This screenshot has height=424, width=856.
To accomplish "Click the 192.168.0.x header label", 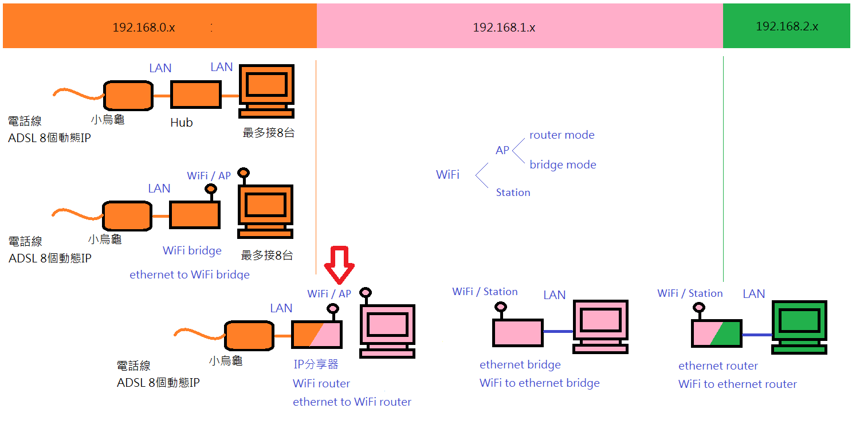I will pos(143,27).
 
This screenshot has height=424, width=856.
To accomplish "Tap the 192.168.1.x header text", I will pos(504,28).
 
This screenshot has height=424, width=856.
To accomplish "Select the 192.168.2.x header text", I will pos(787,26).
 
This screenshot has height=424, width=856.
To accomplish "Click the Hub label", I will pos(182,123).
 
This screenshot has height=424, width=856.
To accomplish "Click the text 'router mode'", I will pos(561,135).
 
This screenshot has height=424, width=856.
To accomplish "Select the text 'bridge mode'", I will pos(563,165).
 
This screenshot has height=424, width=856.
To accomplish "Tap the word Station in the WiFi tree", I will pos(513,193).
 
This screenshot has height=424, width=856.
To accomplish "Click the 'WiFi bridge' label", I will pos(192,250).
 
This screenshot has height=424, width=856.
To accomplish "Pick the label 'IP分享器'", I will pos(316,364).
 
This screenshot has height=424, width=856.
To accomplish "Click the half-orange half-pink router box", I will pos(316,334).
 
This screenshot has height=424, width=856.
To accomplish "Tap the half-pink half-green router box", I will pos(716,333).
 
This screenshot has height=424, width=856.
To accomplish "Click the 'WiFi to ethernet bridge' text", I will pos(539,383).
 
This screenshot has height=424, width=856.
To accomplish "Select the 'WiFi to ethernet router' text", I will pos(737,384).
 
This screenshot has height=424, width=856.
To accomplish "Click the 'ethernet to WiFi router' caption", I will pos(352,402).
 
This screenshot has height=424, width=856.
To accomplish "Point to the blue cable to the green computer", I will pos(756,334).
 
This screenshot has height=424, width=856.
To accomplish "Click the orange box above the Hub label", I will pos(195,95).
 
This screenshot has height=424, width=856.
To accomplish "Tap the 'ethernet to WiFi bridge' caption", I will pos(190,274).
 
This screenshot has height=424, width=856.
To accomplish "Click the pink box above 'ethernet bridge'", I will pos(517,333).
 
